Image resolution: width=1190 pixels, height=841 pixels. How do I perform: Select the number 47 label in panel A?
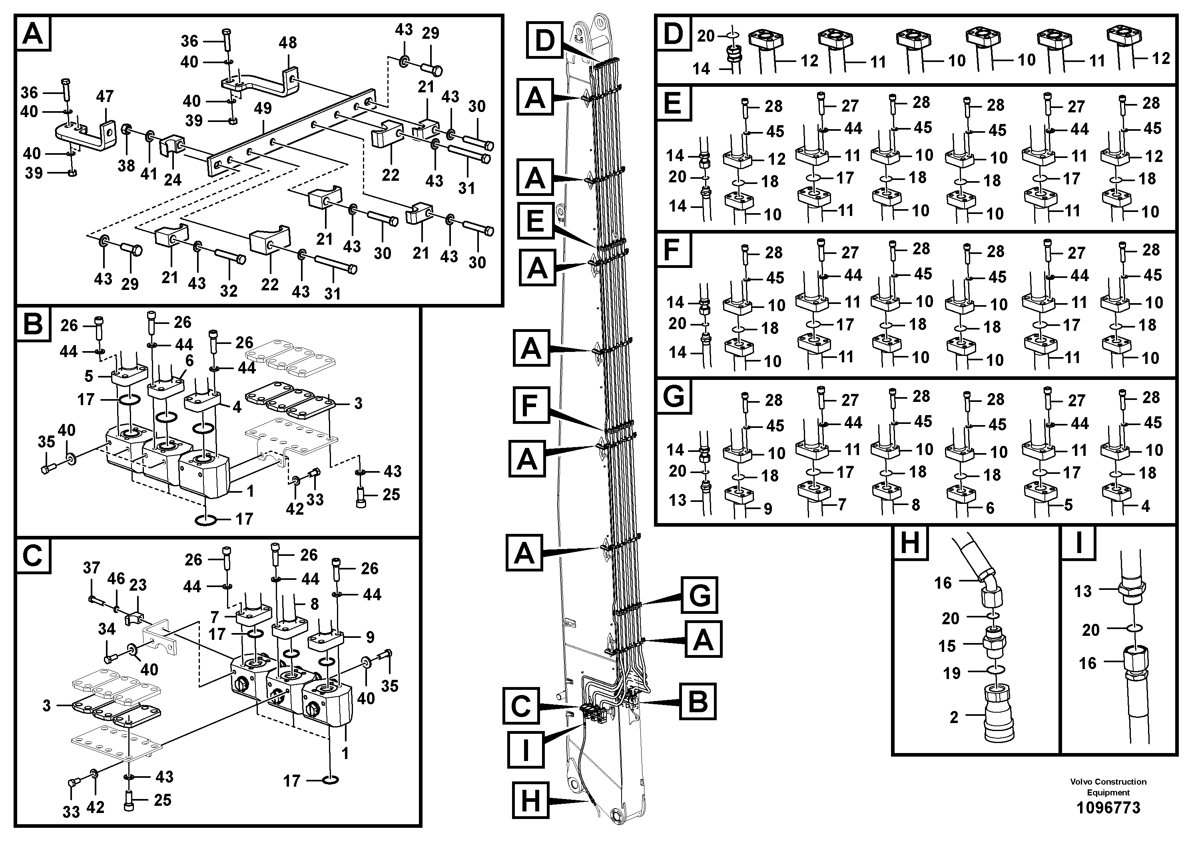105,96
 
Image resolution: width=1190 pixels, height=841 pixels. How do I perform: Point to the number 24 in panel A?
173,180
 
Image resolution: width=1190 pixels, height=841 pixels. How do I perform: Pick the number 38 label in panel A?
126,166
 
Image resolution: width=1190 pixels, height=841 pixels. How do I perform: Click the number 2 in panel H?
954,717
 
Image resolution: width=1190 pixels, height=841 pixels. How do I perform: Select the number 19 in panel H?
952,673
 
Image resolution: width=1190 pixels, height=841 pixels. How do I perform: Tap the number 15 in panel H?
947,645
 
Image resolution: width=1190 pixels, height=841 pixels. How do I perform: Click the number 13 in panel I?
1083,591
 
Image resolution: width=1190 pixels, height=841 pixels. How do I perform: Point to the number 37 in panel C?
91,568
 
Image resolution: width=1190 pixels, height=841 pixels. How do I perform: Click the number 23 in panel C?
138,585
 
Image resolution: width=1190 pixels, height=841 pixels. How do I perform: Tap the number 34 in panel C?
107,629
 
